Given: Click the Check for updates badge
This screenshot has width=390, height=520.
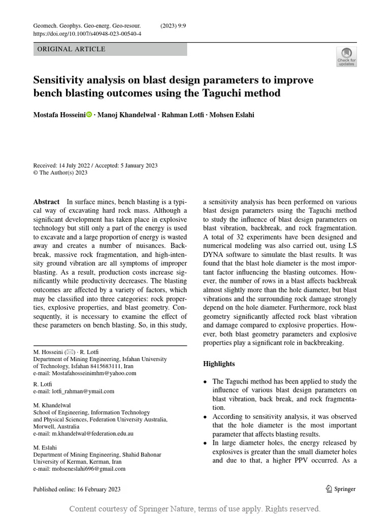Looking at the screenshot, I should coord(346,56).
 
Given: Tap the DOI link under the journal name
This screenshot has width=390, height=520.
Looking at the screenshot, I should coord(87,34).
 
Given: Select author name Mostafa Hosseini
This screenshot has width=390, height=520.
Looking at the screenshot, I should coord(59,115).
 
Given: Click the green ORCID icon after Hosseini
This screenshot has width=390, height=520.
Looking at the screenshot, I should coord(89,115).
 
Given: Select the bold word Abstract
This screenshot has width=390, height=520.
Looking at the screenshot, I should coord(46,202).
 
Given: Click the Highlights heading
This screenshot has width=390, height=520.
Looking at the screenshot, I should coord(219,364).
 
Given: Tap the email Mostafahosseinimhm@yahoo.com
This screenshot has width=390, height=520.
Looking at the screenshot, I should coord(85,373).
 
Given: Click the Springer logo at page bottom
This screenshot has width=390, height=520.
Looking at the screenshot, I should coord(340,489).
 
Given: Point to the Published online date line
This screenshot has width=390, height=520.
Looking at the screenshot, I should coord(77,490).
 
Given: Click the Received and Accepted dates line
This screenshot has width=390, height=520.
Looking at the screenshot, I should coord(95,166).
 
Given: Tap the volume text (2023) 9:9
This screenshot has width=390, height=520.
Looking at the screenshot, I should coord(173,25).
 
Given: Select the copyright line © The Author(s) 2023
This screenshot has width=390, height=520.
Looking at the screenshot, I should coord(60,173).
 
